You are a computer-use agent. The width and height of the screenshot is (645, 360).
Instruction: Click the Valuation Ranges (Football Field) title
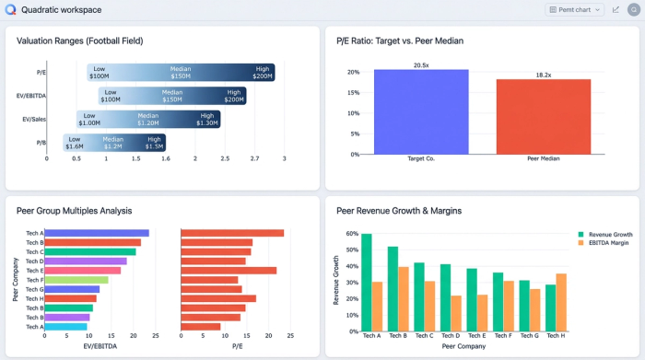coord(80,41)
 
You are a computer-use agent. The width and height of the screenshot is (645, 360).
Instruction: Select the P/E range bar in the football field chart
coord(182,73)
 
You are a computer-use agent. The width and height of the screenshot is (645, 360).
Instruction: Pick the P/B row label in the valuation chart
coord(41,143)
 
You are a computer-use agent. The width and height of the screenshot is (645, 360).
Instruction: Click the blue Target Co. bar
coord(421,111)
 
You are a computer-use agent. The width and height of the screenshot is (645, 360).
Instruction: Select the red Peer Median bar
coord(543,116)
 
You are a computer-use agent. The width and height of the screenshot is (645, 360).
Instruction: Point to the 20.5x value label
coord(421,65)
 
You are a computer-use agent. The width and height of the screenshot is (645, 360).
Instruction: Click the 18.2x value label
coord(543,75)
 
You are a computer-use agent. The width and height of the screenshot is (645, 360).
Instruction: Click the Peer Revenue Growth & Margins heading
coord(399,211)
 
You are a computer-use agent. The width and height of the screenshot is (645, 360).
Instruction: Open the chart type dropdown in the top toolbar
coord(575,9)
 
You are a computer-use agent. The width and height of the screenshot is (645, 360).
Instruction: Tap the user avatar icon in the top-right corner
coord(634,9)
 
